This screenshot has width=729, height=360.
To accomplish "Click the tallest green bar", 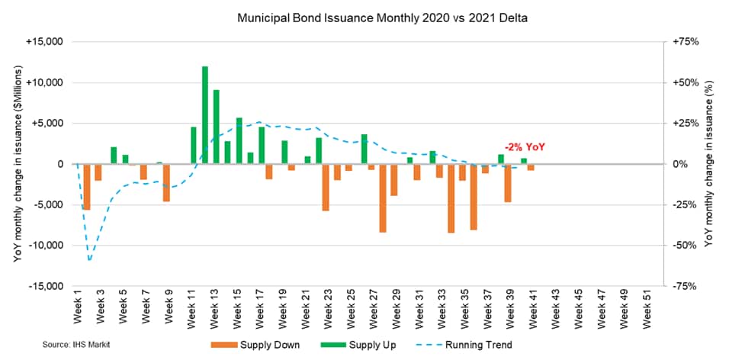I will tap(205, 114).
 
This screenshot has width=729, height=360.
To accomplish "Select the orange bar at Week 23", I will tap(326, 187).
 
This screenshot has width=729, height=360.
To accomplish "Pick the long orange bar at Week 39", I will tap(507, 183).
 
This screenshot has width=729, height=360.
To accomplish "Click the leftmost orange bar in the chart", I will tap(86, 186).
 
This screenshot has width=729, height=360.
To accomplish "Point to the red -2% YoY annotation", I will tap(525, 148).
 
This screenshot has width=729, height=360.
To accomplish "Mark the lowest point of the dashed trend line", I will tap(90, 260).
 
